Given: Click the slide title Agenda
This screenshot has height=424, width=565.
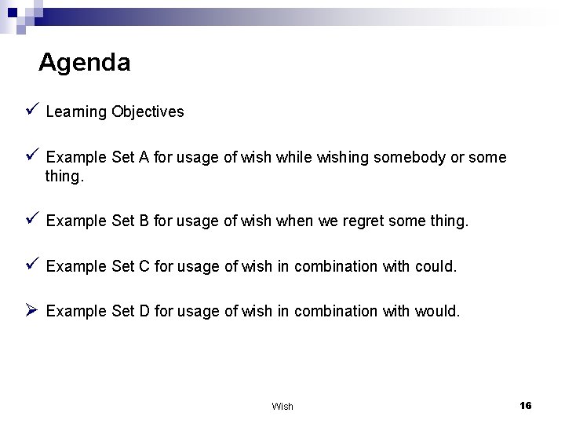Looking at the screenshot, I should [x=84, y=62].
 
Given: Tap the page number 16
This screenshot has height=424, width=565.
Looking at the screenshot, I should [x=526, y=405].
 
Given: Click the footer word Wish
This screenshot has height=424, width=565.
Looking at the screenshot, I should [x=282, y=406].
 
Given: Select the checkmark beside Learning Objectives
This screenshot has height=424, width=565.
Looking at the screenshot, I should [x=31, y=111].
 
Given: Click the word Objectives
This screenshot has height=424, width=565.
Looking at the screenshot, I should [x=148, y=111].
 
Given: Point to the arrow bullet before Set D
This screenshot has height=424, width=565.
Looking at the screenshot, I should [x=31, y=311].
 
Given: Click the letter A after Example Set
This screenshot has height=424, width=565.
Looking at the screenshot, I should [x=144, y=158].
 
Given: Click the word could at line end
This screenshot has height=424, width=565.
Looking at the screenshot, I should [x=435, y=266].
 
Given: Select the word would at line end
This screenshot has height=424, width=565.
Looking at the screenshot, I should [x=439, y=311].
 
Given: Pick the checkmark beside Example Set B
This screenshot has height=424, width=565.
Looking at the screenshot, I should [x=31, y=221].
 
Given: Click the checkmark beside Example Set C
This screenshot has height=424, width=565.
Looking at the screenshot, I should [x=31, y=265].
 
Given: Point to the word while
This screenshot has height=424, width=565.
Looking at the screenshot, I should [x=293, y=158].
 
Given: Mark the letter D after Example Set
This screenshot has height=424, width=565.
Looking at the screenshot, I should [x=144, y=311].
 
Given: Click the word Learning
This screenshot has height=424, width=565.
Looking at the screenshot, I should [x=76, y=111].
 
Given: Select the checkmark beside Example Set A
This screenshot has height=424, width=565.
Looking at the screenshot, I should [x=31, y=157].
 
